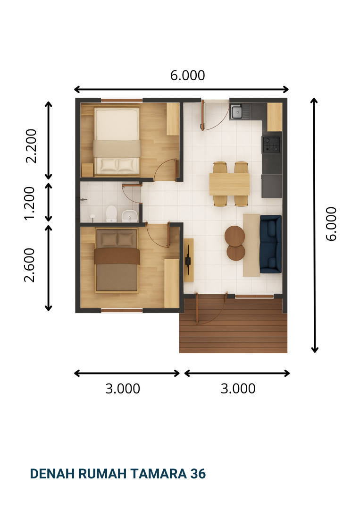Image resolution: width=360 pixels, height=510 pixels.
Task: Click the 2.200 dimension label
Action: pyautogui.click(x=31, y=146)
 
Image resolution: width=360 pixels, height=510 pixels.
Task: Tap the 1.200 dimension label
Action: pyautogui.click(x=30, y=203)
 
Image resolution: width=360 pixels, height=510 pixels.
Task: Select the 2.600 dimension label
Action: pyautogui.click(x=29, y=265)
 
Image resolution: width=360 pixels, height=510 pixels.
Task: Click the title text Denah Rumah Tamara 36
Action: pyautogui.click(x=117, y=474)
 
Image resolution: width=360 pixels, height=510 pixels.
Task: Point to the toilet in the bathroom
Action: pyautogui.click(x=111, y=214)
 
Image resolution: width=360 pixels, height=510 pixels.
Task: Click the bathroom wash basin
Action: pyautogui.click(x=130, y=216)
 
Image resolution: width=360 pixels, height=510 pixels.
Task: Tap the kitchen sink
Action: pyautogui.click(x=237, y=111)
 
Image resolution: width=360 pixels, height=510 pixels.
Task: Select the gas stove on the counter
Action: pyautogui.click(x=271, y=144)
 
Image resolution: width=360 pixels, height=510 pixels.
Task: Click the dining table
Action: pyautogui.click(x=229, y=185)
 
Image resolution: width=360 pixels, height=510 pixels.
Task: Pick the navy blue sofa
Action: pyautogui.click(x=271, y=244)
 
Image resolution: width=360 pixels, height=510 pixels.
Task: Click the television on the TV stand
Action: pyautogui.click(x=188, y=260)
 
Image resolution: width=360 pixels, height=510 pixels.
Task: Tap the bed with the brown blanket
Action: pyautogui.click(x=117, y=260)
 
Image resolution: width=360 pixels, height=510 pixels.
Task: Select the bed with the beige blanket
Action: pyautogui.click(x=117, y=141)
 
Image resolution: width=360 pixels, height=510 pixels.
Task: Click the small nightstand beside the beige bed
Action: pyautogui.click(x=87, y=170)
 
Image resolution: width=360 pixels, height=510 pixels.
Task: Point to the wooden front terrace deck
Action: pyautogui.click(x=233, y=325)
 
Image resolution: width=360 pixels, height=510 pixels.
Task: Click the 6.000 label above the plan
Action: pyautogui.click(x=187, y=76)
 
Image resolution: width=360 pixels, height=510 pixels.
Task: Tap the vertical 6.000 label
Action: pyautogui.click(x=331, y=224)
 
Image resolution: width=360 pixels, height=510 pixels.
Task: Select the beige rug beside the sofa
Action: pyautogui.click(x=251, y=245)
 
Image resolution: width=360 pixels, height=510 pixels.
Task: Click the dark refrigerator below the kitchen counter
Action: pyautogui.click(x=272, y=186)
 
